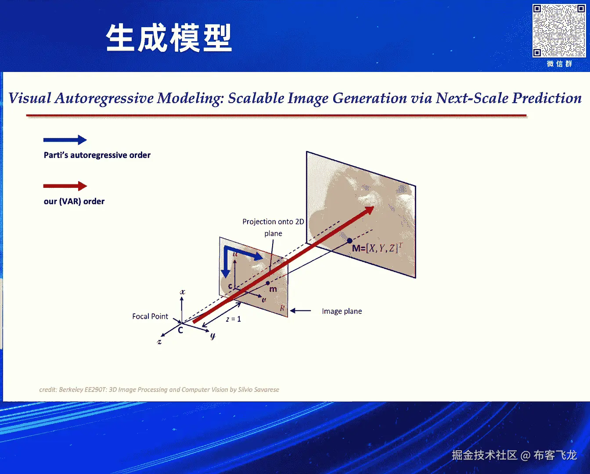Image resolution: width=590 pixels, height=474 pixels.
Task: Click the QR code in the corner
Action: point(559,31)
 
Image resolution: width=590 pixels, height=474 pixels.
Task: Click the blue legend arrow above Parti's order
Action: point(65,140)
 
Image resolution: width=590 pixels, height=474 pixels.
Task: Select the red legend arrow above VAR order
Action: point(65,186)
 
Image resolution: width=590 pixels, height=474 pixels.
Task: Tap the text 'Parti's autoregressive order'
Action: point(97,155)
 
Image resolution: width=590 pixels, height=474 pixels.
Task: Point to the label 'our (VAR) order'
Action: point(74,201)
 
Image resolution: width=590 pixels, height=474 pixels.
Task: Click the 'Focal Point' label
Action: point(150,316)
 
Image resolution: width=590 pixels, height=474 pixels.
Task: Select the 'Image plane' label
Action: point(342,311)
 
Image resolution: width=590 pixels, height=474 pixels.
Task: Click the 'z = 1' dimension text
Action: point(233,319)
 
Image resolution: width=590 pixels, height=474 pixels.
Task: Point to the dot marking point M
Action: point(349,241)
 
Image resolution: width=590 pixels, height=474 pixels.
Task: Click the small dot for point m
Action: point(268,283)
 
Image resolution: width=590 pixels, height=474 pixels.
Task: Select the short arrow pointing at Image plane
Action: point(300,311)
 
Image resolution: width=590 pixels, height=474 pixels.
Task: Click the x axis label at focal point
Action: point(183,292)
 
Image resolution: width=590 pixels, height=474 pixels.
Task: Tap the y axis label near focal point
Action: point(213,336)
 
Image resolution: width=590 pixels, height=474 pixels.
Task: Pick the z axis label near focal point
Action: point(159,341)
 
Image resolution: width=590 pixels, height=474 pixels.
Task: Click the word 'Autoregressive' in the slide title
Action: point(104,98)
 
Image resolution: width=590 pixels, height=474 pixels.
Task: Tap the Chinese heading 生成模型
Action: point(169,38)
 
